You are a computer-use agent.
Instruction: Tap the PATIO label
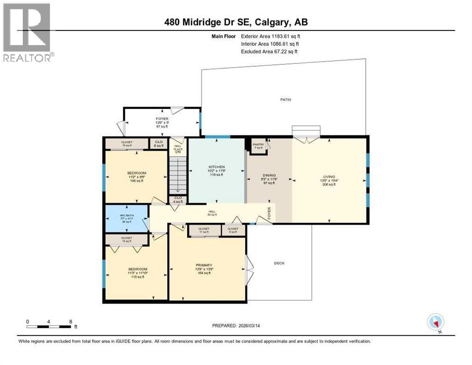[285, 99]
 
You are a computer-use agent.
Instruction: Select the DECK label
[280, 263]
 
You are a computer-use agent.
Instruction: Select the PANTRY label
[258, 145]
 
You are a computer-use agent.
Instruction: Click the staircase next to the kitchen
[179, 174]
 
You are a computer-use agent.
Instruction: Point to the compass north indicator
[435, 322]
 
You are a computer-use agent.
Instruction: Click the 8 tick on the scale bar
[70, 321]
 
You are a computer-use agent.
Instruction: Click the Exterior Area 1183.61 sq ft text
[271, 36]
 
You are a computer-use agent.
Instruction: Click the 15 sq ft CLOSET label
[127, 143]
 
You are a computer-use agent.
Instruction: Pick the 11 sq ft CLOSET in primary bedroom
[204, 230]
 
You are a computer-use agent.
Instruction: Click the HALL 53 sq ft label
[212, 213]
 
